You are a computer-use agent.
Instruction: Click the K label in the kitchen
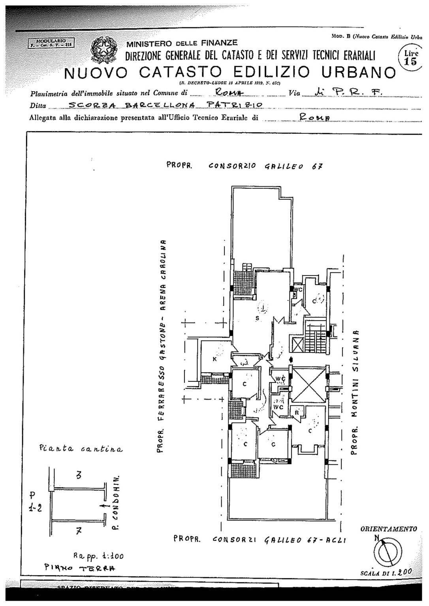coord(214,359)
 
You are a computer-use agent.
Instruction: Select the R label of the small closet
coord(296,412)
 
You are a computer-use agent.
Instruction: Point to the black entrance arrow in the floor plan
coord(291,359)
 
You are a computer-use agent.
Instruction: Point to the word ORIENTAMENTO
coord(389,529)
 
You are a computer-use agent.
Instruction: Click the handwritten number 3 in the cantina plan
coord(79,476)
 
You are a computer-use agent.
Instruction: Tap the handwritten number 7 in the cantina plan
coord(79,531)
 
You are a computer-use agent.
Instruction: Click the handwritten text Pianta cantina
coord(81,449)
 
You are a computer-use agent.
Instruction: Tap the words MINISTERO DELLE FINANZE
coord(182,43)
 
